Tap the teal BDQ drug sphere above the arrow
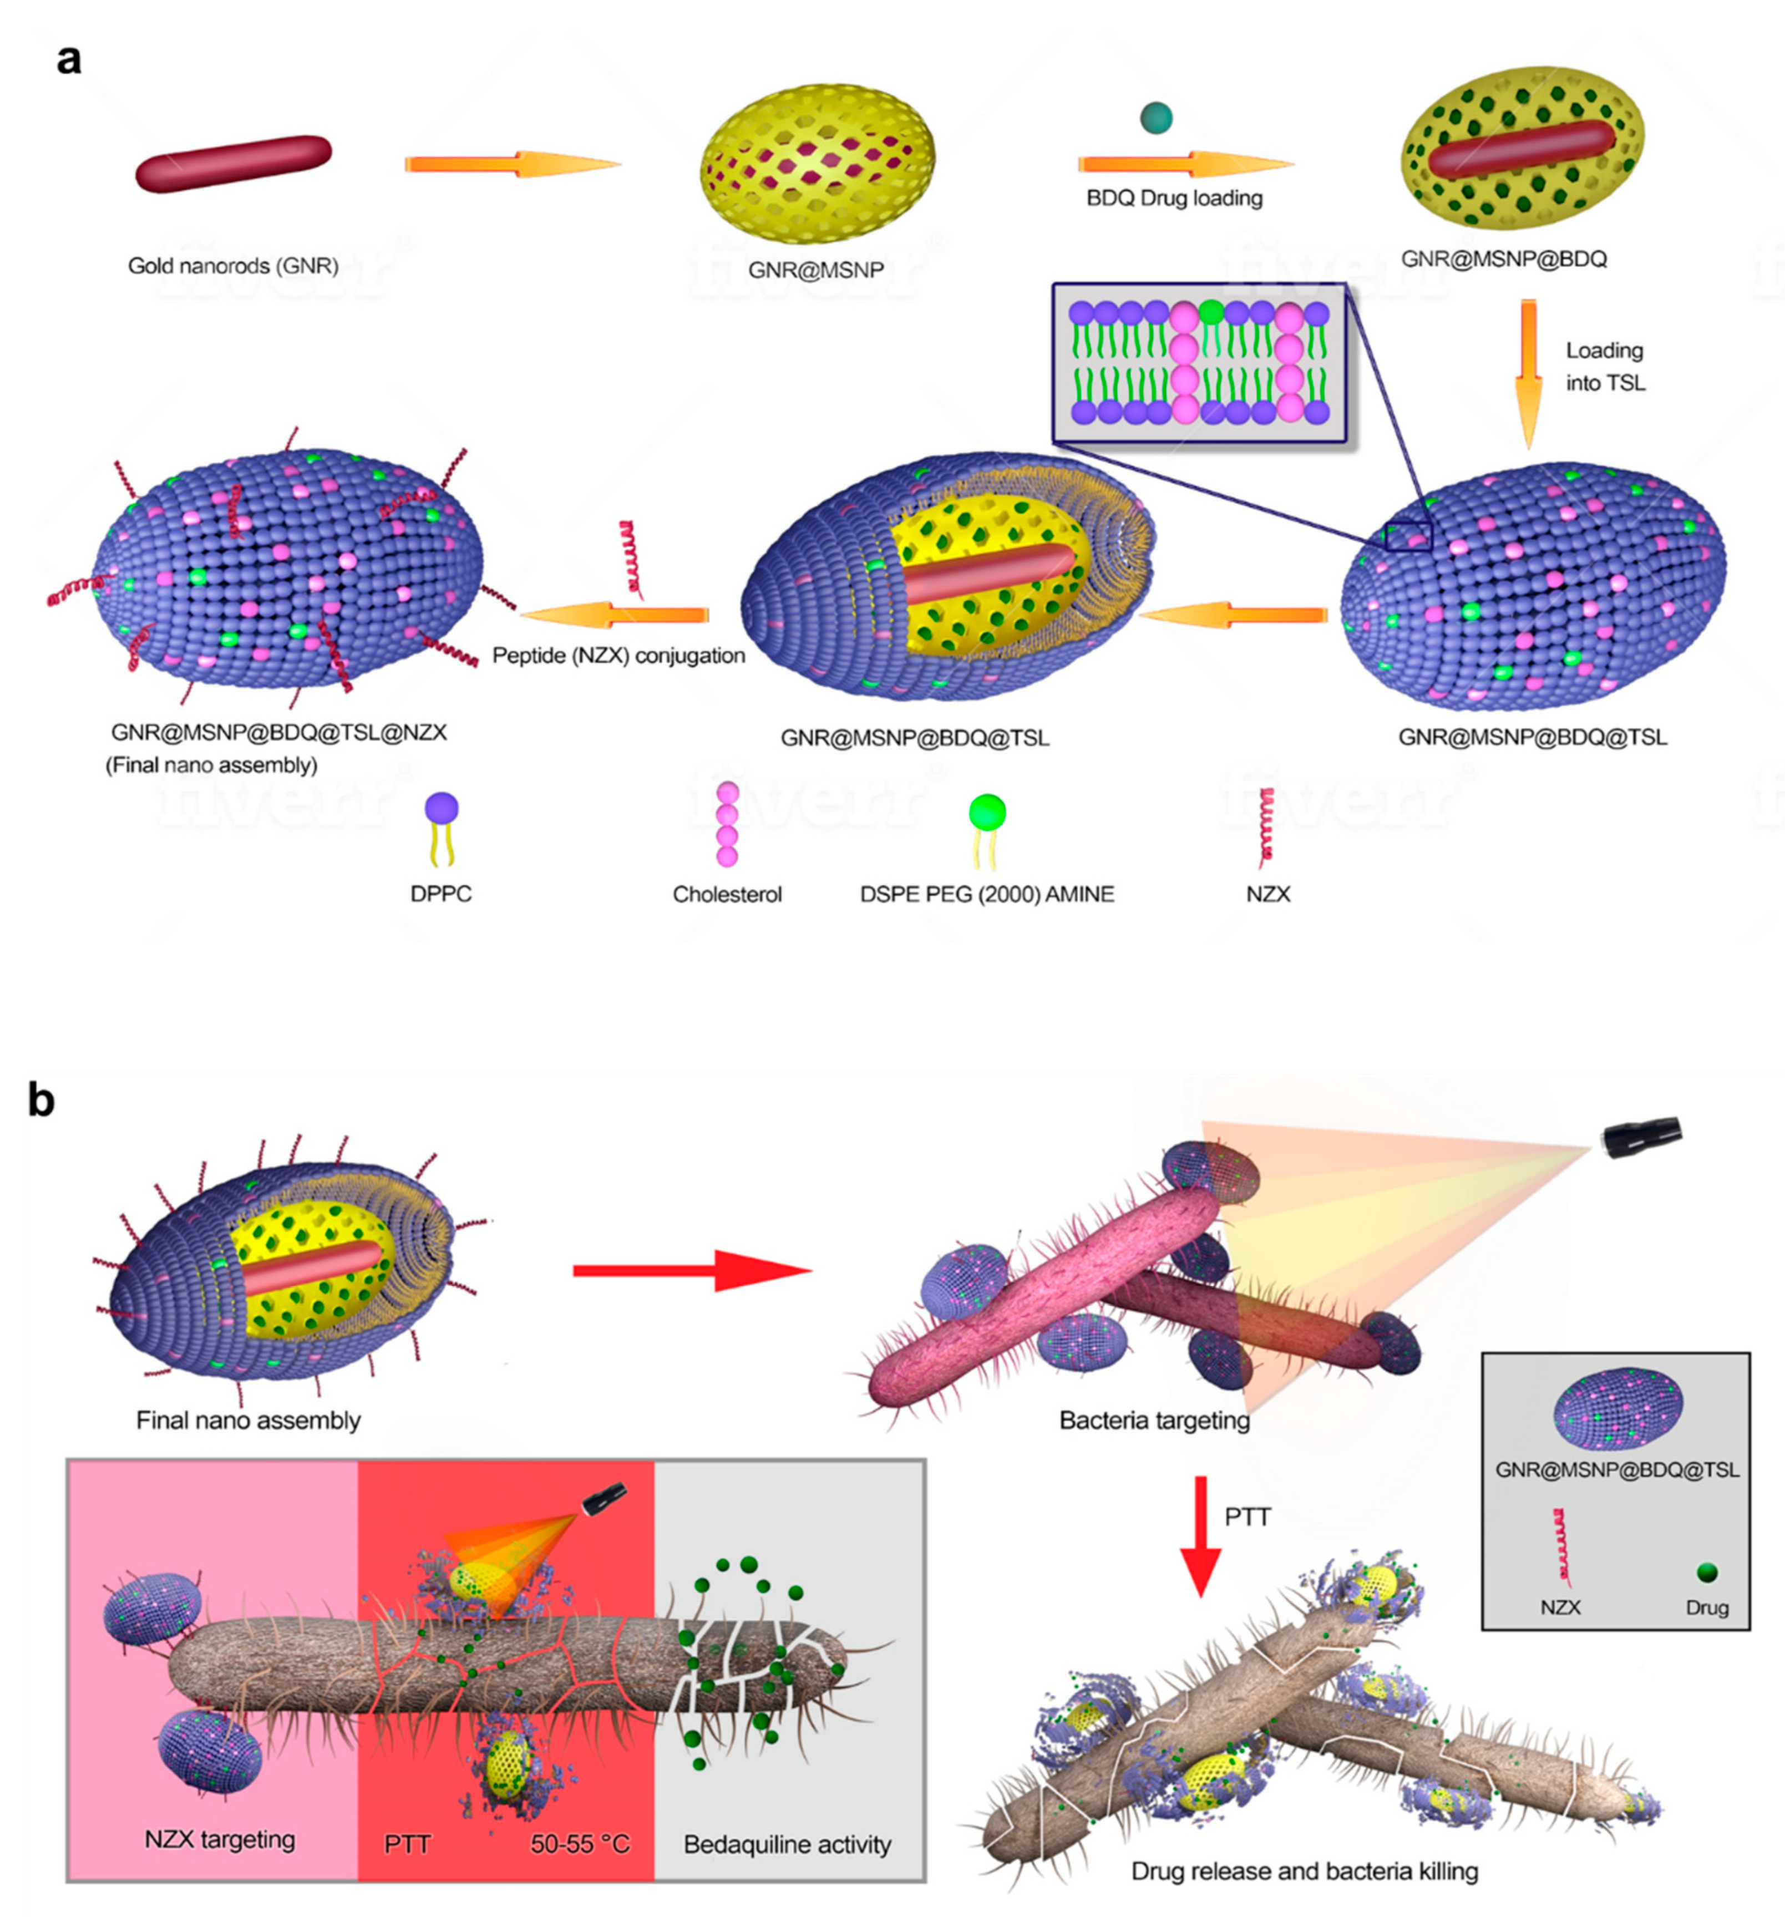tap(1155, 118)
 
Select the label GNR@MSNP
tap(816, 269)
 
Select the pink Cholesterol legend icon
tap(727, 824)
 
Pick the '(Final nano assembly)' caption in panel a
tap(211, 765)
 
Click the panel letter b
tap(40, 1100)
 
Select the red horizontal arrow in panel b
tap(692, 1270)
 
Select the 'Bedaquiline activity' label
tap(787, 1844)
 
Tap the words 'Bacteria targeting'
tap(1154, 1421)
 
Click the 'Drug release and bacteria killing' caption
tap(1304, 1871)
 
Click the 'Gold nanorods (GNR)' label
tap(234, 265)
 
